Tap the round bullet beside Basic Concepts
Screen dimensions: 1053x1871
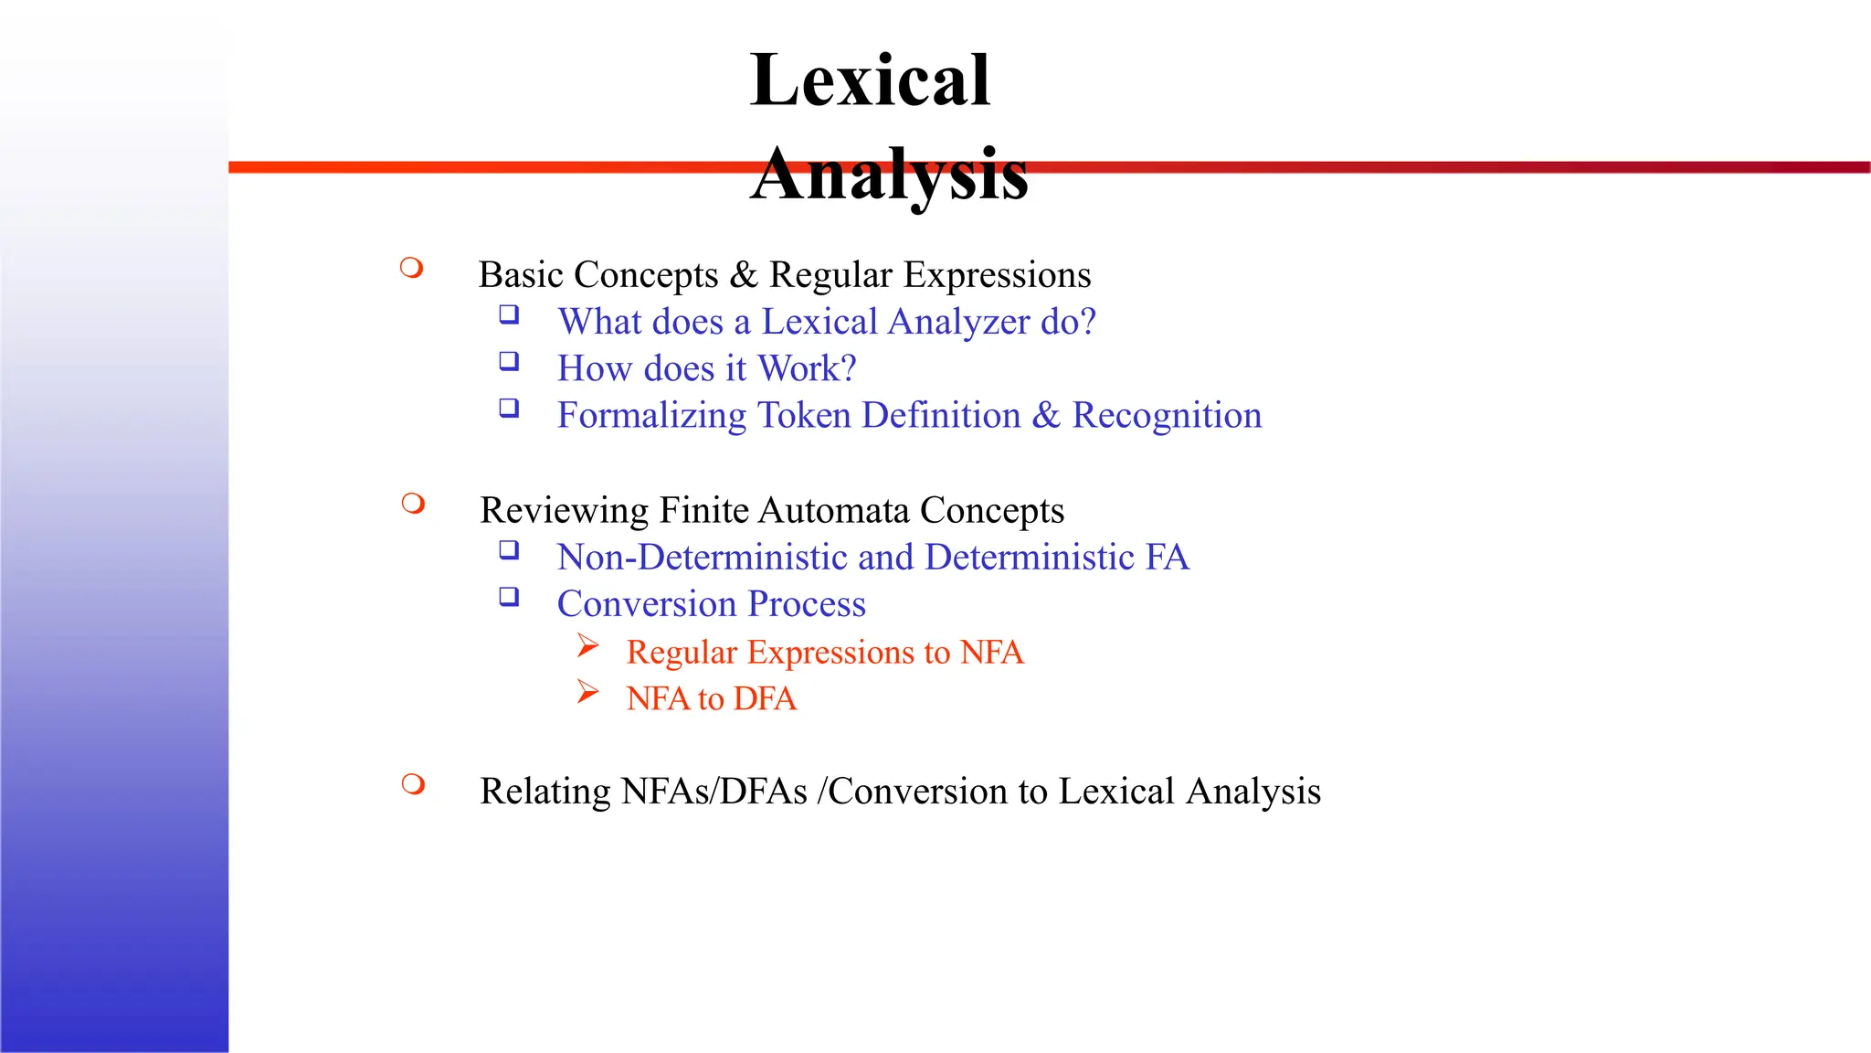(412, 268)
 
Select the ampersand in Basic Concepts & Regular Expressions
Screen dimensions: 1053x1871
(744, 275)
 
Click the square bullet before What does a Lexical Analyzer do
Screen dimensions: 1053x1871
(509, 314)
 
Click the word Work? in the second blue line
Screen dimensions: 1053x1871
(808, 369)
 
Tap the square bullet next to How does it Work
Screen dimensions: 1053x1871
(509, 361)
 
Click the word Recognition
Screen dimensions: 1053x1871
(1167, 416)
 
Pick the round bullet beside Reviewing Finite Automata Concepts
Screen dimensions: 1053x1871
(413, 504)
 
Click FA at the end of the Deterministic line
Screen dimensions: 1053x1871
(1168, 558)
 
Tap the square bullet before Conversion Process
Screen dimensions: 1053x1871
(509, 597)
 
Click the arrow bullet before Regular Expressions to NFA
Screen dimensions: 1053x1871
(588, 646)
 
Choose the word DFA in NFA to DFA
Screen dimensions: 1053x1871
(765, 699)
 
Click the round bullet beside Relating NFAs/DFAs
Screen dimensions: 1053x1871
(413, 784)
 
